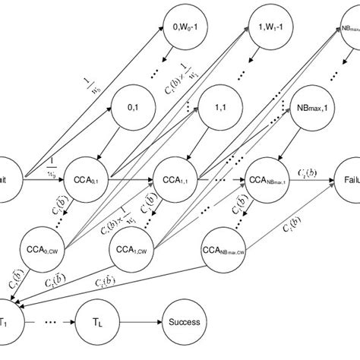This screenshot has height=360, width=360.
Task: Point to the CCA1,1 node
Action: click(x=176, y=182)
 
